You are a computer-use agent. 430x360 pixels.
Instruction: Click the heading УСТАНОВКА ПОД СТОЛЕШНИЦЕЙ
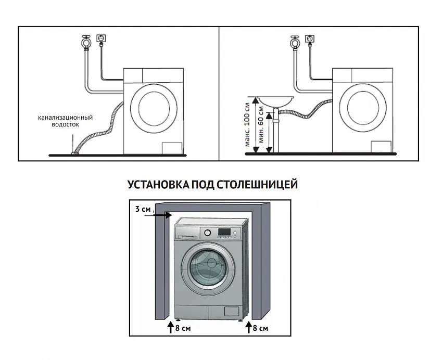point(212,185)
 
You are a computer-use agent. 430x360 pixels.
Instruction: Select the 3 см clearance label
point(143,209)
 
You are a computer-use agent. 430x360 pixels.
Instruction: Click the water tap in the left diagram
point(85,41)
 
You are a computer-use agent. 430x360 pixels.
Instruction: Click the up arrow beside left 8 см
point(170,328)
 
